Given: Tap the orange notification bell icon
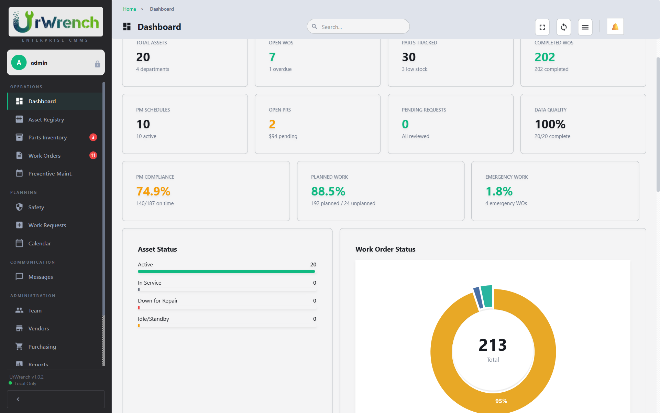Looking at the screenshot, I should tap(615, 27).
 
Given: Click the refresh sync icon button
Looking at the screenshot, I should tap(563, 27).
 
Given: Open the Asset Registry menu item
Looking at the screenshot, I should tap(46, 119).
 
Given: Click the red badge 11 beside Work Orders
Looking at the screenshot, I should tap(93, 155).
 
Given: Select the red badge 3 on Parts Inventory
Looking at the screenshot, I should tap(93, 137).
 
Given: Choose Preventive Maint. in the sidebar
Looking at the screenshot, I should tap(50, 173).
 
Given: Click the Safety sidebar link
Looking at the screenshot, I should tap(36, 207).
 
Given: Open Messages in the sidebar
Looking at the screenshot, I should tap(41, 277).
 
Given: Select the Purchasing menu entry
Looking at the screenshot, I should tap(42, 347).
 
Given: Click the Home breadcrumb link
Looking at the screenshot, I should tap(130, 9).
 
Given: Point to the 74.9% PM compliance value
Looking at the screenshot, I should tap(153, 191).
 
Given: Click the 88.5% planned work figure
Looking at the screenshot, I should tap(328, 191).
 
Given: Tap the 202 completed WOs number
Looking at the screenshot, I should tap(544, 57).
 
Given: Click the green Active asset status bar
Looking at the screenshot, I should tap(226, 272).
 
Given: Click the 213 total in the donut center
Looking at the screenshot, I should tap(493, 345).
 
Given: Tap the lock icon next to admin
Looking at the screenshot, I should tap(98, 64).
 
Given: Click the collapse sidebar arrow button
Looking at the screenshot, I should tap(18, 399).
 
